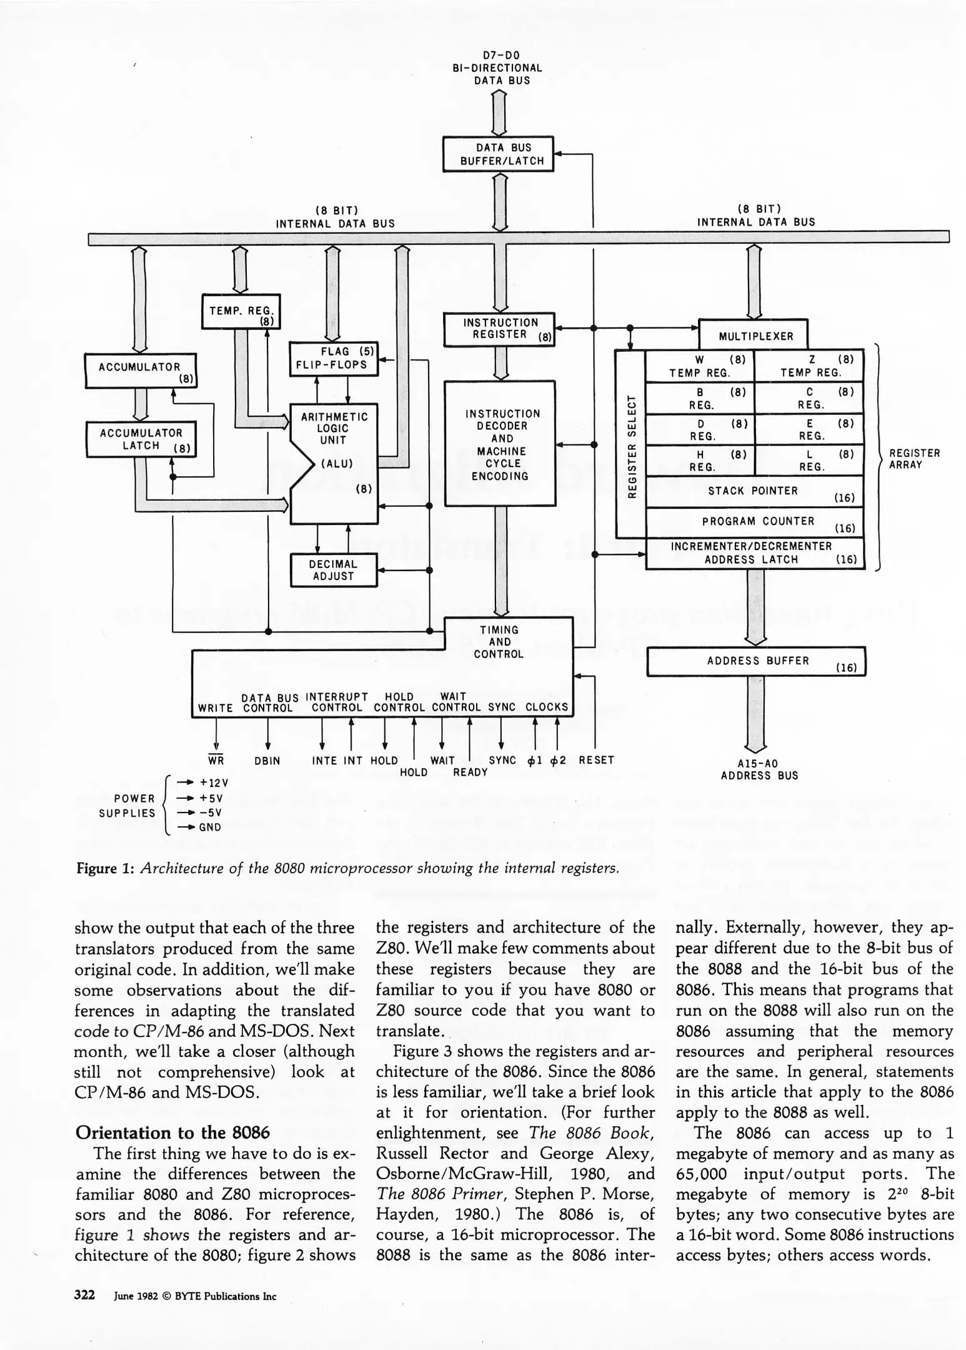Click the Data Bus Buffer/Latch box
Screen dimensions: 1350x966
point(498,154)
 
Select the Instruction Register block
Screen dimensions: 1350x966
point(499,329)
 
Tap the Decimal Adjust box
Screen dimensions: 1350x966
point(334,570)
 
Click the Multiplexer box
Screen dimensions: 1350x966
point(753,336)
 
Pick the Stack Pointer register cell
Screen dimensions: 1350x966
point(754,491)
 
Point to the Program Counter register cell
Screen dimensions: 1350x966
point(754,522)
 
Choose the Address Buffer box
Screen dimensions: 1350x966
point(756,661)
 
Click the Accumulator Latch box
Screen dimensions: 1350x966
point(141,439)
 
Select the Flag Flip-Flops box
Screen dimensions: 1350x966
point(334,359)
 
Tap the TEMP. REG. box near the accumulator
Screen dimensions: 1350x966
point(241,311)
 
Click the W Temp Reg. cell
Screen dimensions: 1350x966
point(699,366)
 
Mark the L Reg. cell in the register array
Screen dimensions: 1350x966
point(810,460)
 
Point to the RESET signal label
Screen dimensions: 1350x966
point(596,760)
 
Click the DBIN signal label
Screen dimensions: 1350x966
point(267,761)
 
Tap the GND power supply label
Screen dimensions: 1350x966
point(210,827)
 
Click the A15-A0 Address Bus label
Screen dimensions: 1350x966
point(759,769)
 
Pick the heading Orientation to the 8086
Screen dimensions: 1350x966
point(172,1132)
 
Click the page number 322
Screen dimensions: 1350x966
point(84,1295)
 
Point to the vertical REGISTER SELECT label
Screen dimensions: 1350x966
point(631,445)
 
